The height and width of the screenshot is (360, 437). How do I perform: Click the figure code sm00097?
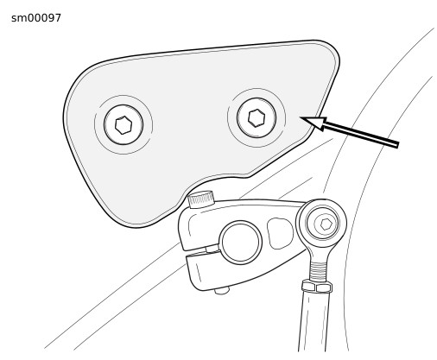coord(36,18)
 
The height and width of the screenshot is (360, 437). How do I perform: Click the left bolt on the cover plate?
coord(123,124)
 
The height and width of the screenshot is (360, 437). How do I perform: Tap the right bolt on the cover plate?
coord(256,117)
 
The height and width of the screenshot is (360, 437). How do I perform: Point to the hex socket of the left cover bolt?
coord(123,125)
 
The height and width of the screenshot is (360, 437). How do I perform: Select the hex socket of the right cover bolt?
coord(256,118)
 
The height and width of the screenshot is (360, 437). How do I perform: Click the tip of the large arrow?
coord(301,117)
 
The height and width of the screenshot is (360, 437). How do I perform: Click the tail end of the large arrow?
coord(398,145)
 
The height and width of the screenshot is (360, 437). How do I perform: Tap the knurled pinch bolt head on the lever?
coord(201,199)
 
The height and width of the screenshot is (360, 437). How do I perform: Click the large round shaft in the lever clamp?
coord(241,243)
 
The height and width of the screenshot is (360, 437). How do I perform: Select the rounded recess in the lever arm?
coord(280,233)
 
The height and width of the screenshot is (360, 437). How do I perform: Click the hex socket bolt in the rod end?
coord(326,224)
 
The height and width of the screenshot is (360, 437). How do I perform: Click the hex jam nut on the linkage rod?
coord(317,287)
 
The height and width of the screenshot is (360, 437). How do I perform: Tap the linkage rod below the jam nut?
coord(313,321)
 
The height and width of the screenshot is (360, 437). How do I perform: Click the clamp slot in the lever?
coord(200,251)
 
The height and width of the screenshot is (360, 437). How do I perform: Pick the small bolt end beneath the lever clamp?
coord(222,291)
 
